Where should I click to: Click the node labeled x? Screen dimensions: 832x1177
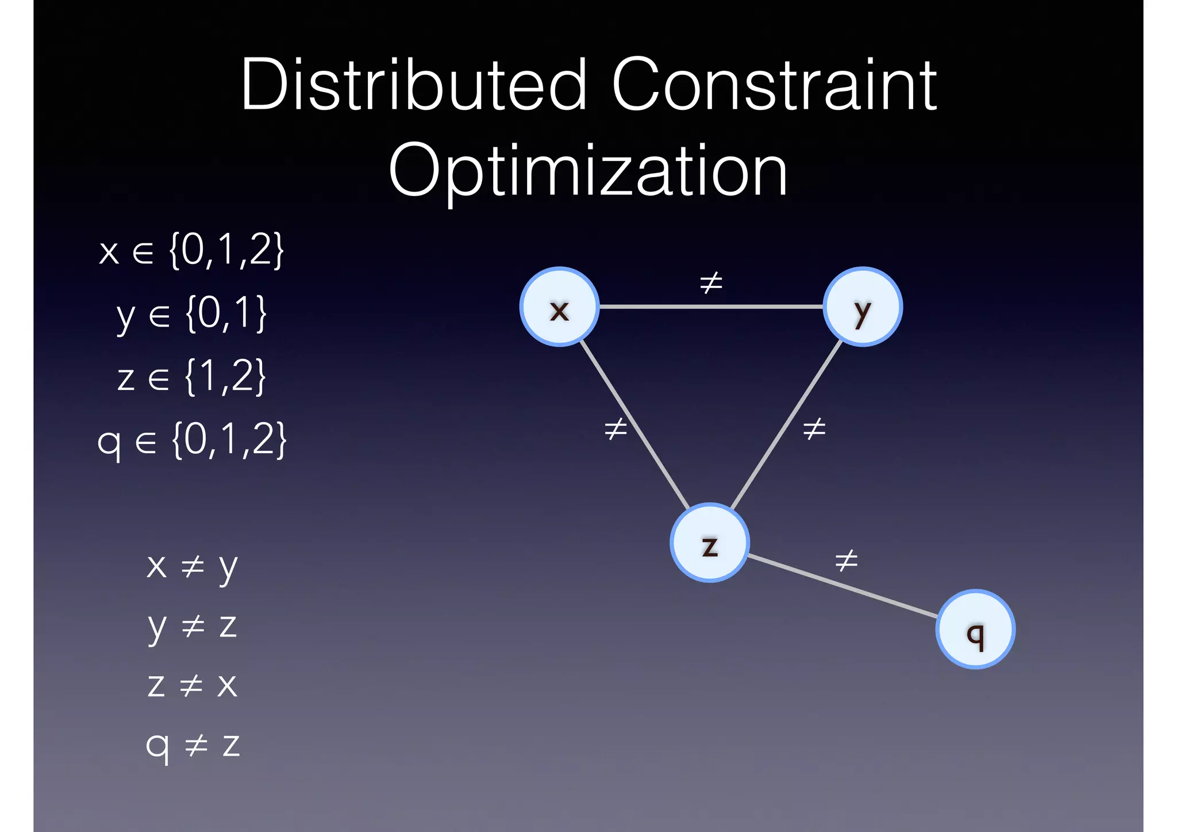[x=559, y=306]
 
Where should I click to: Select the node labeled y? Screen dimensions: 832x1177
[x=863, y=306]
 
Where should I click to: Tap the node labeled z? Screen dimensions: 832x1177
[x=710, y=543]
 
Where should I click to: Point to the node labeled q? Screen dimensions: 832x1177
[x=975, y=629]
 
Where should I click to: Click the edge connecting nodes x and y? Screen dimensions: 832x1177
[x=711, y=306]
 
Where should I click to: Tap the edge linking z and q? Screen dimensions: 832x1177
[x=843, y=586]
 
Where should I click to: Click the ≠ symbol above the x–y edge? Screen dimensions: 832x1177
[x=711, y=282]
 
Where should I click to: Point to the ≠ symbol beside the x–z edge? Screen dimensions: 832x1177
[x=616, y=428]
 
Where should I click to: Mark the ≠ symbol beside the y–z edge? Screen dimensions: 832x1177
[x=814, y=428]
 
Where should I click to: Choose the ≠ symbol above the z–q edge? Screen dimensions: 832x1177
[x=846, y=560]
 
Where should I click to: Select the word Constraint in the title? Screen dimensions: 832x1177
[x=775, y=85]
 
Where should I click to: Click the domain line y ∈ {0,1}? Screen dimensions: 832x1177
[x=191, y=314]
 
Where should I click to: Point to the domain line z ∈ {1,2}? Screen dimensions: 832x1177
[x=191, y=377]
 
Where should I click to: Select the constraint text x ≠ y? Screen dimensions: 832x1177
[x=191, y=566]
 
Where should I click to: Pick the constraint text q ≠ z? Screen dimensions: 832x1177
[x=193, y=745]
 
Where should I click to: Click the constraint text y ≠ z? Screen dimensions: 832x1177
[x=192, y=626]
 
